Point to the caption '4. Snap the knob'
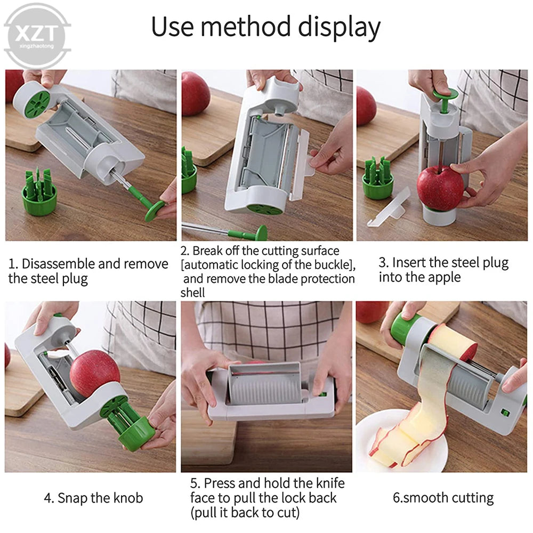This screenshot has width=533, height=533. coord(93,498)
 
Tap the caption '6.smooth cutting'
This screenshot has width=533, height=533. coord(443,498)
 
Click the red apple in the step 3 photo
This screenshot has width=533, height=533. coord(440,188)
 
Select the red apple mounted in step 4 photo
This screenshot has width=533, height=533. coord(94,374)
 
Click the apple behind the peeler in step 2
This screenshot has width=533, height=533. coord(196,93)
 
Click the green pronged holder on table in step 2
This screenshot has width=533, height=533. coord(189,171)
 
